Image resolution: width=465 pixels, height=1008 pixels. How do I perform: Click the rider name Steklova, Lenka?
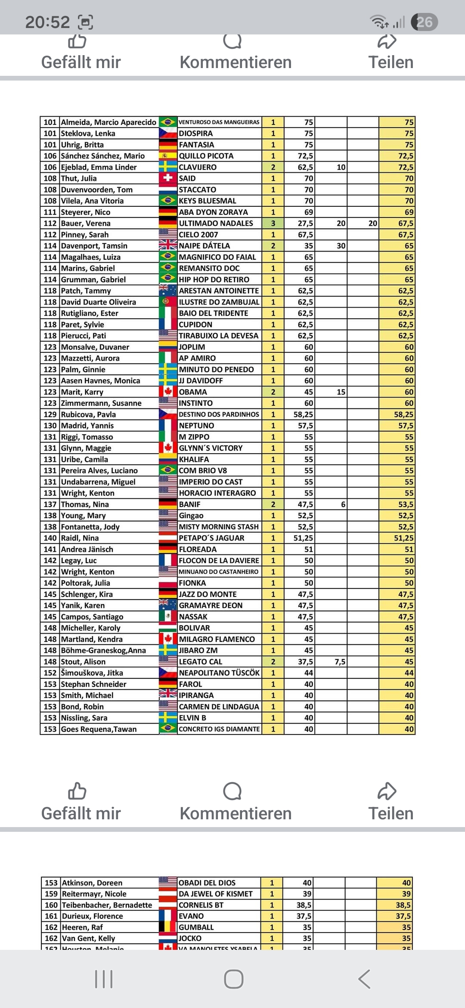pyautogui.click(x=88, y=134)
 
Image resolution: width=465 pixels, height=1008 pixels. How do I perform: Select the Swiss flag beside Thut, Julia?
pyautogui.click(x=168, y=178)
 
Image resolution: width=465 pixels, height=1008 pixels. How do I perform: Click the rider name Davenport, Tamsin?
pyautogui.click(x=94, y=246)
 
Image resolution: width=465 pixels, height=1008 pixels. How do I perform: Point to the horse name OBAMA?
pyautogui.click(x=193, y=392)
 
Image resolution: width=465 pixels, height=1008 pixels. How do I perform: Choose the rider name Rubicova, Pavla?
pyautogui.click(x=88, y=414)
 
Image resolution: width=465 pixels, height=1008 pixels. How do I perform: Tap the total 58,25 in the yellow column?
pyautogui.click(x=403, y=414)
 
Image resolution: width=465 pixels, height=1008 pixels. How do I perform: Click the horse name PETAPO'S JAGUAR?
pyautogui.click(x=211, y=538)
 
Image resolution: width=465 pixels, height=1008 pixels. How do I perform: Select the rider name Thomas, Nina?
pyautogui.click(x=85, y=504)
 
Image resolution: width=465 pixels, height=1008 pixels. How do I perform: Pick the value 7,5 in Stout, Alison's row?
pyautogui.click(x=340, y=662)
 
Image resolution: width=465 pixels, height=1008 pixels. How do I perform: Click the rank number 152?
pyautogui.click(x=50, y=673)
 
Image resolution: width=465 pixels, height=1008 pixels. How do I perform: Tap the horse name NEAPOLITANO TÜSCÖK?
pyautogui.click(x=219, y=673)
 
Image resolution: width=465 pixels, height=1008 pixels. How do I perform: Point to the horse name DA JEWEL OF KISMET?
pyautogui.click(x=215, y=894)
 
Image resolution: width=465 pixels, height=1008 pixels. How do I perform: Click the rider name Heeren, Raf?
pyautogui.click(x=82, y=927)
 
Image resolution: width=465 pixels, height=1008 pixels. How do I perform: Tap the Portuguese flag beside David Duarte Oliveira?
pyautogui.click(x=168, y=302)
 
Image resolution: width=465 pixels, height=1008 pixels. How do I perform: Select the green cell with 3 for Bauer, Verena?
pyautogui.click(x=273, y=224)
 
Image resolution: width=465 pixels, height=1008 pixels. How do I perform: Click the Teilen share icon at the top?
pyautogui.click(x=387, y=42)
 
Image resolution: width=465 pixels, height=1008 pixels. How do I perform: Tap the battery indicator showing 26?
pyautogui.click(x=424, y=22)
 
